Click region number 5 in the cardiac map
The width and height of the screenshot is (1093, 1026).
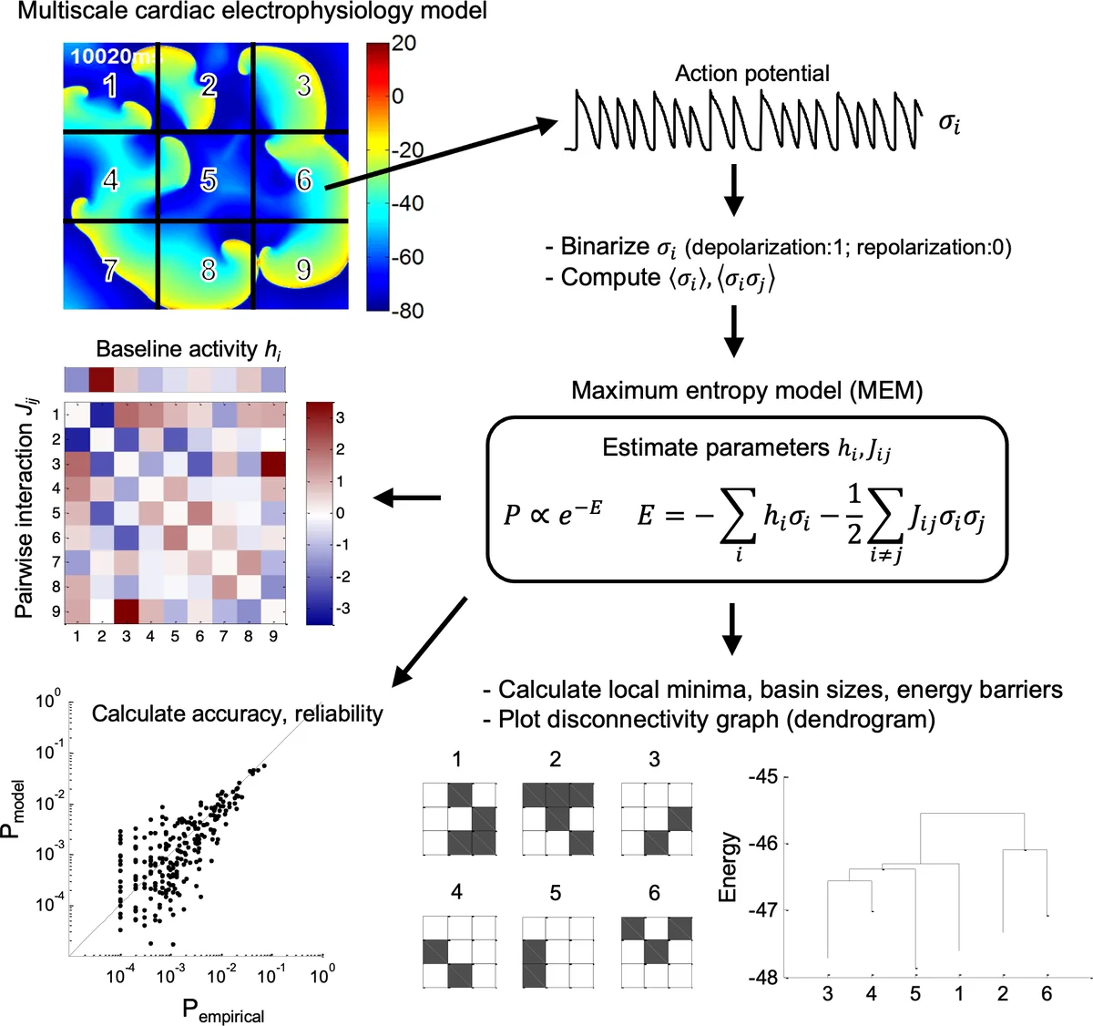pyautogui.click(x=209, y=180)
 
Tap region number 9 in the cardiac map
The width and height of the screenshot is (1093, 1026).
pyautogui.click(x=303, y=270)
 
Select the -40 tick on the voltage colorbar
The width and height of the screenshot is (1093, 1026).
pyautogui.click(x=408, y=203)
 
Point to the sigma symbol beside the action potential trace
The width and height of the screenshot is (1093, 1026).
pyautogui.click(x=948, y=123)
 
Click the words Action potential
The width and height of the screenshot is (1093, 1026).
pyautogui.click(x=751, y=74)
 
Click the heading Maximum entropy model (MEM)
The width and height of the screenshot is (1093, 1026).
pyautogui.click(x=747, y=391)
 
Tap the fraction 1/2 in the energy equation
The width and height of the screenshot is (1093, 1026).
pyautogui.click(x=853, y=514)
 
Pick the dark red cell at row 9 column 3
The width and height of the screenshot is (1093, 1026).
pyautogui.click(x=126, y=611)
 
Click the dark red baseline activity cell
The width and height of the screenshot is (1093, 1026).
pyautogui.click(x=101, y=378)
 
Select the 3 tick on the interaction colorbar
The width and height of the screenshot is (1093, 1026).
pyautogui.click(x=341, y=418)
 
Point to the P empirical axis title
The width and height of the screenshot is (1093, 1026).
pyautogui.click(x=224, y=1011)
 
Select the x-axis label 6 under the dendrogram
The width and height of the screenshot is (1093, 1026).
pyautogui.click(x=1047, y=994)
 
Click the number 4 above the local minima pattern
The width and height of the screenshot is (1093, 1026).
pyautogui.click(x=456, y=892)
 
